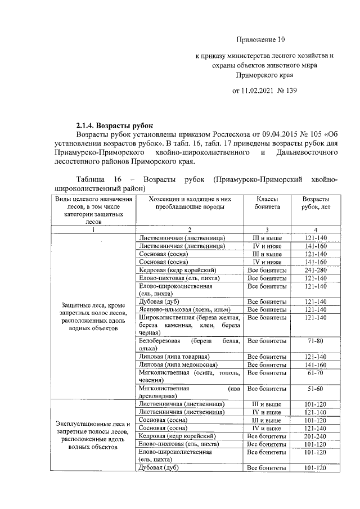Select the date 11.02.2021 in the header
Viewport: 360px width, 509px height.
pos(258,90)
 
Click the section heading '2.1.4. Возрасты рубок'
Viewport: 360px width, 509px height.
pos(114,125)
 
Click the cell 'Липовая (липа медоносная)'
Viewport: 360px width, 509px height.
pos(175,364)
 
